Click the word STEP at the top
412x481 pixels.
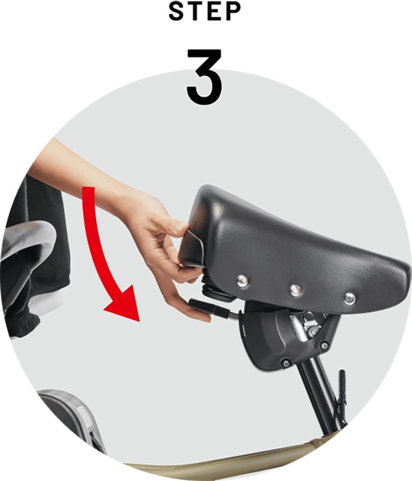coord(205,12)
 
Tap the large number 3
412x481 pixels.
coord(205,76)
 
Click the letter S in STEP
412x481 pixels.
coord(177,12)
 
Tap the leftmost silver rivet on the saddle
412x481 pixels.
coord(242,281)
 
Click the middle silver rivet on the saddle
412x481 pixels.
coord(296,289)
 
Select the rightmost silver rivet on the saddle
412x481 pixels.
coord(350,298)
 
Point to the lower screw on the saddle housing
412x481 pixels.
coord(286,363)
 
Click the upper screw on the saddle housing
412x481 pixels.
coord(324,346)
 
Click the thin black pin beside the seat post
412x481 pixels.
coord(342,396)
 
